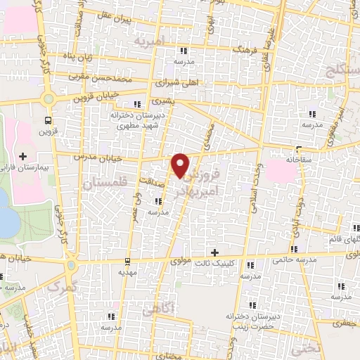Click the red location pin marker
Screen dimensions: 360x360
[x=181, y=165]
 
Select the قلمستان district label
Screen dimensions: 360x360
[x=102, y=184]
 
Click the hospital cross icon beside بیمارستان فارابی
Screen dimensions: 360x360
[x=22, y=155]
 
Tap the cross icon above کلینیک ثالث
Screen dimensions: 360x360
[x=215, y=252]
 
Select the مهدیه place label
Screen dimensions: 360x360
[x=127, y=271]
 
